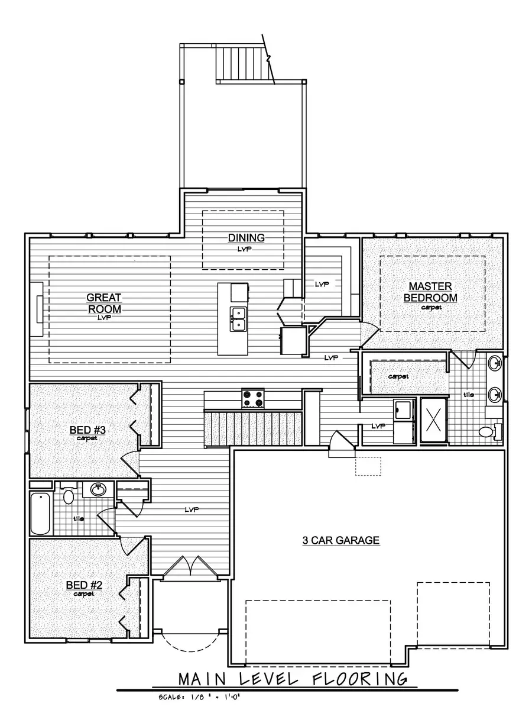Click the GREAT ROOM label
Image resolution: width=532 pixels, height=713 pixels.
[104, 303]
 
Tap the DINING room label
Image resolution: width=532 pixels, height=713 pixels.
[246, 238]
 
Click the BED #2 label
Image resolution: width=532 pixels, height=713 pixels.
[84, 585]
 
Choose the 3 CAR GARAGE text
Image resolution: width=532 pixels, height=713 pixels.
[340, 540]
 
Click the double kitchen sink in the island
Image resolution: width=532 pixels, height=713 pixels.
[239, 318]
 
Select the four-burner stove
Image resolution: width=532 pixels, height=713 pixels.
[253, 398]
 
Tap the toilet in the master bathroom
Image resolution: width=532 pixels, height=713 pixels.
[488, 431]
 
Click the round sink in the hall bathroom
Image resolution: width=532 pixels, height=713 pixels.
[96, 489]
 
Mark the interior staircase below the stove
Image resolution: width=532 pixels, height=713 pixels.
[252, 424]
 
